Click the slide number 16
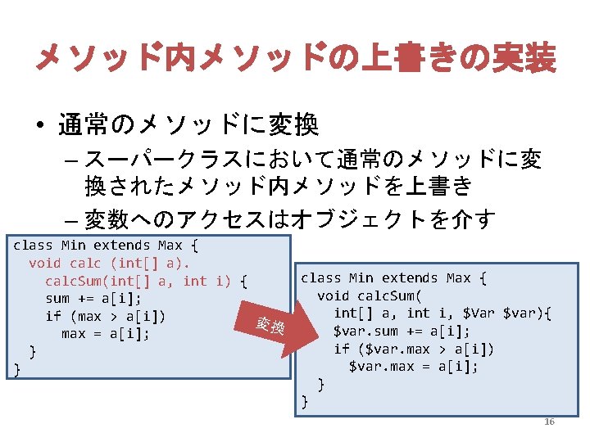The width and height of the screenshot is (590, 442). tap(549, 422)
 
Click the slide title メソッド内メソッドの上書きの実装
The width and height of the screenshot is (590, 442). tap(295, 59)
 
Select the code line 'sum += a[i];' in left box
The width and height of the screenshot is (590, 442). tap(93, 299)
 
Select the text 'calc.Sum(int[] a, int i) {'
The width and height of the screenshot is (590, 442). tap(146, 281)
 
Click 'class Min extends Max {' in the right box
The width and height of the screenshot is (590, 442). tap(394, 277)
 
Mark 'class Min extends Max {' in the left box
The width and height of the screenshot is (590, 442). tap(107, 245)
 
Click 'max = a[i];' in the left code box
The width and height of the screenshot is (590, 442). tap(105, 334)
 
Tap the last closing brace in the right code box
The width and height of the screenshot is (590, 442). tap(306, 401)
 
